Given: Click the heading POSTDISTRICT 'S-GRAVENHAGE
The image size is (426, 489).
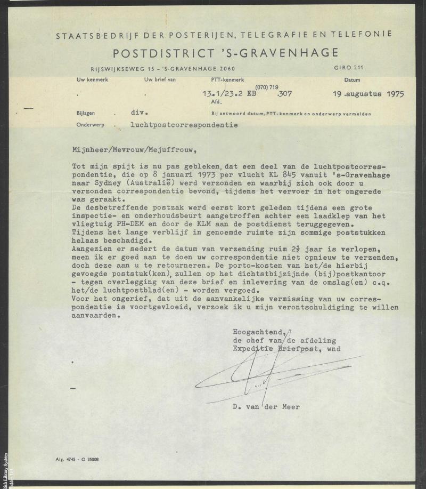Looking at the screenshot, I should [225, 52].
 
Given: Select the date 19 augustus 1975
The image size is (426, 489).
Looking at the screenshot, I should [368, 94].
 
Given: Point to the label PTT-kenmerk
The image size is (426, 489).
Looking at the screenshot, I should [227, 80].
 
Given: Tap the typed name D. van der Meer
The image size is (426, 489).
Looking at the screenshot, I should [266, 406].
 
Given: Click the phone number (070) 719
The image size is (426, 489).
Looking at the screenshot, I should [267, 86].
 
